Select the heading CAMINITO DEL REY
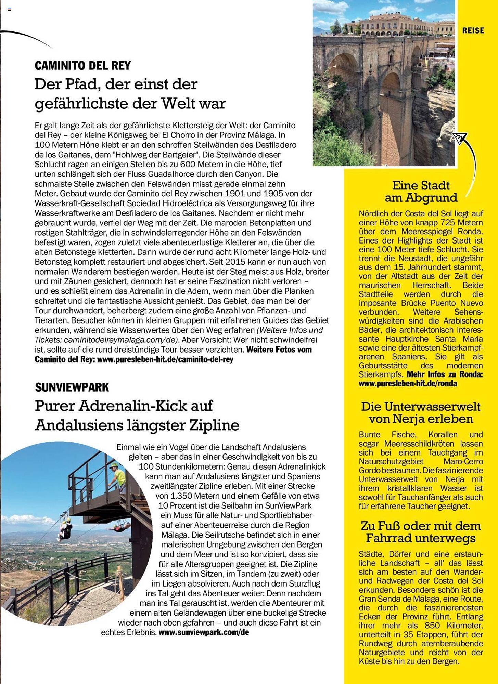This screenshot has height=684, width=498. pos(82,65)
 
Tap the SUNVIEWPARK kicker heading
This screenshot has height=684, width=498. pos(72,387)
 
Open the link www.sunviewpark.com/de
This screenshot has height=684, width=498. pos(204,632)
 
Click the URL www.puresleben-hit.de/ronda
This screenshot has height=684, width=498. pos(408,383)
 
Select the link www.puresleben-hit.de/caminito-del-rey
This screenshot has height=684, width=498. pos(165,359)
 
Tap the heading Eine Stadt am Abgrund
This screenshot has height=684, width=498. pos(421,192)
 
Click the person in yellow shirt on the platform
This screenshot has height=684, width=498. pos(119,476)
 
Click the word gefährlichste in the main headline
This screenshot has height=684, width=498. pos(82,104)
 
